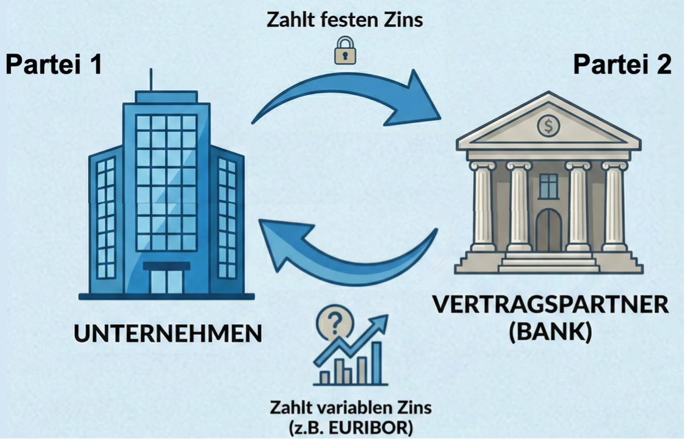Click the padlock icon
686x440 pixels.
[345, 50]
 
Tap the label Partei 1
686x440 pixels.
[54, 65]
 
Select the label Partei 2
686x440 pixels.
[623, 65]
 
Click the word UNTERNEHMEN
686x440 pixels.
[168, 334]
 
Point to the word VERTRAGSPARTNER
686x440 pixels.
[551, 305]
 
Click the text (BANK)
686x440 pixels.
[550, 333]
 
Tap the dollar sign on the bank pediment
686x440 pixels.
[548, 125]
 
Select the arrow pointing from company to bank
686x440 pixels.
[348, 98]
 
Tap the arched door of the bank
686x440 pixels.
[548, 231]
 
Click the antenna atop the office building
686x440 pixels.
[151, 80]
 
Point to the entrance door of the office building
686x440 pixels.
[167, 281]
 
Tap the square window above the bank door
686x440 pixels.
[548, 186]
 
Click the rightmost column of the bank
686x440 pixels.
[614, 207]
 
